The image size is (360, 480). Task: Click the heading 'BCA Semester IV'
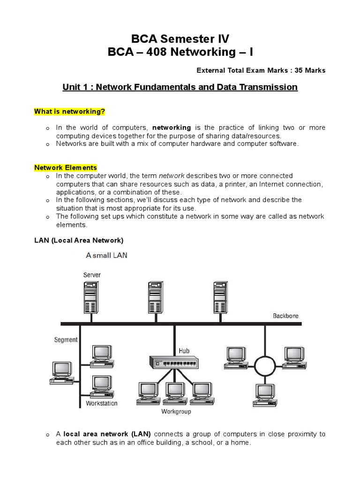click(180, 38)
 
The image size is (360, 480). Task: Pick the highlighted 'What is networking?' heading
click(70, 112)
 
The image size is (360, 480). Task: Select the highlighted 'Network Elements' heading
click(66, 167)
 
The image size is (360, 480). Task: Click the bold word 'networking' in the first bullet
click(172, 127)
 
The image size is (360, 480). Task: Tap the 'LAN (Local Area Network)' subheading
click(79, 240)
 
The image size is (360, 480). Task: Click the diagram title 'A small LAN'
click(106, 255)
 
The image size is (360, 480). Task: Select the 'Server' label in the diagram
click(92, 275)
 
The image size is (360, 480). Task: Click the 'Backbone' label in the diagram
click(285, 316)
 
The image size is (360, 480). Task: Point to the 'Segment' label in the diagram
click(66, 340)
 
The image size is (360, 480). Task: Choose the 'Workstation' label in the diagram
click(102, 403)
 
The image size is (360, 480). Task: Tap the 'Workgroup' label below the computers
click(176, 412)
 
